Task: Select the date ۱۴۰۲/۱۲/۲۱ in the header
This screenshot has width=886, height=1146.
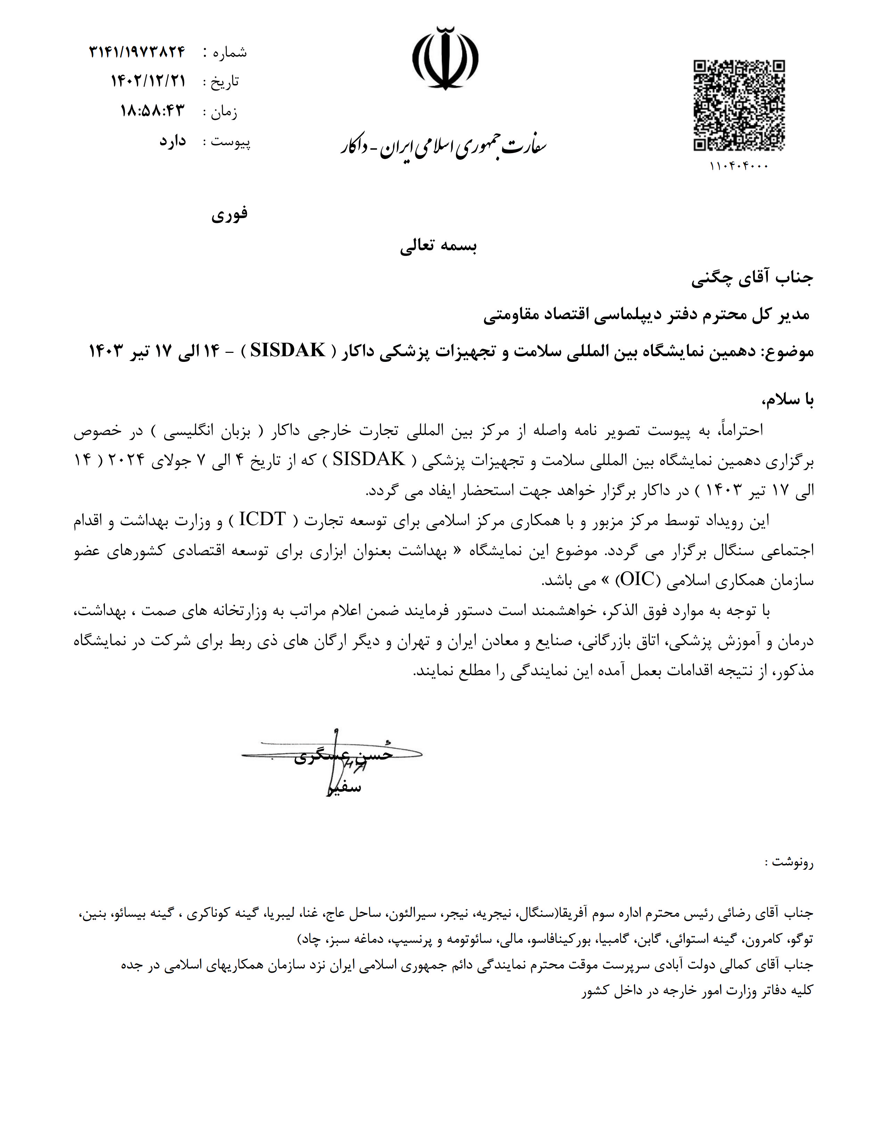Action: pyautogui.click(x=148, y=81)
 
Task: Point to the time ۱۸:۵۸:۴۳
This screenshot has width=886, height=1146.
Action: pyautogui.click(x=153, y=111)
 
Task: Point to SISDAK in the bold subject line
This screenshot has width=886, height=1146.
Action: pyautogui.click(x=288, y=350)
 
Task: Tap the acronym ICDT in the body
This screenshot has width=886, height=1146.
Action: pyautogui.click(x=262, y=520)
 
